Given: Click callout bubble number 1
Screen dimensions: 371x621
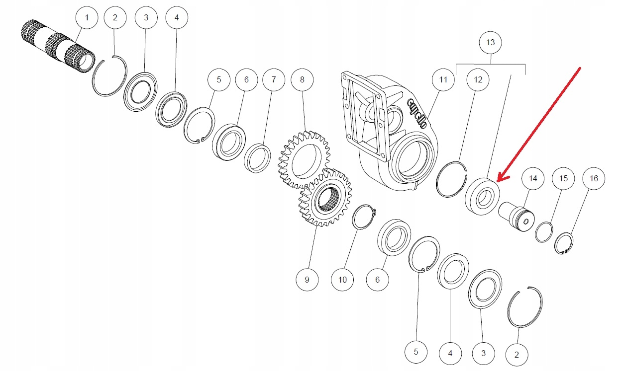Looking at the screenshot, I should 87,19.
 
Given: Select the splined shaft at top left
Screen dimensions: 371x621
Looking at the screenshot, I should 59,45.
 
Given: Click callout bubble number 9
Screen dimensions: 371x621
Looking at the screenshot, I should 307,280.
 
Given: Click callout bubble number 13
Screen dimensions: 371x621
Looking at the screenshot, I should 491,43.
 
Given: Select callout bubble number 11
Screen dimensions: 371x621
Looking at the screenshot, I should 443,79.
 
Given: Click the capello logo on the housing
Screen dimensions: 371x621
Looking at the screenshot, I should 417,114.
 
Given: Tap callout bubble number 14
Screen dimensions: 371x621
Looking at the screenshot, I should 533,178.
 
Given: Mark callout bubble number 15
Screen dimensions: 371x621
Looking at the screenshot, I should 563,178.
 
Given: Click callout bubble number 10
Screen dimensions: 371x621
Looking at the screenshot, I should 342,280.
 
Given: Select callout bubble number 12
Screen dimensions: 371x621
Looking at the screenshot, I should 478,79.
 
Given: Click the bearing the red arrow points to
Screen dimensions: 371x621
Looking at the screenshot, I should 481,197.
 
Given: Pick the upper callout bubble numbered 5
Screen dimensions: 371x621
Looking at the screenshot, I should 219,79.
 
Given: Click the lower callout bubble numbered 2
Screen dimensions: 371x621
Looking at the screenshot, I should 517,355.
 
